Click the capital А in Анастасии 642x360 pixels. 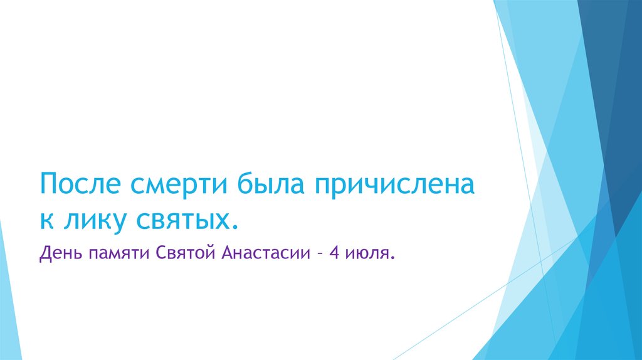[x=228, y=255]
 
